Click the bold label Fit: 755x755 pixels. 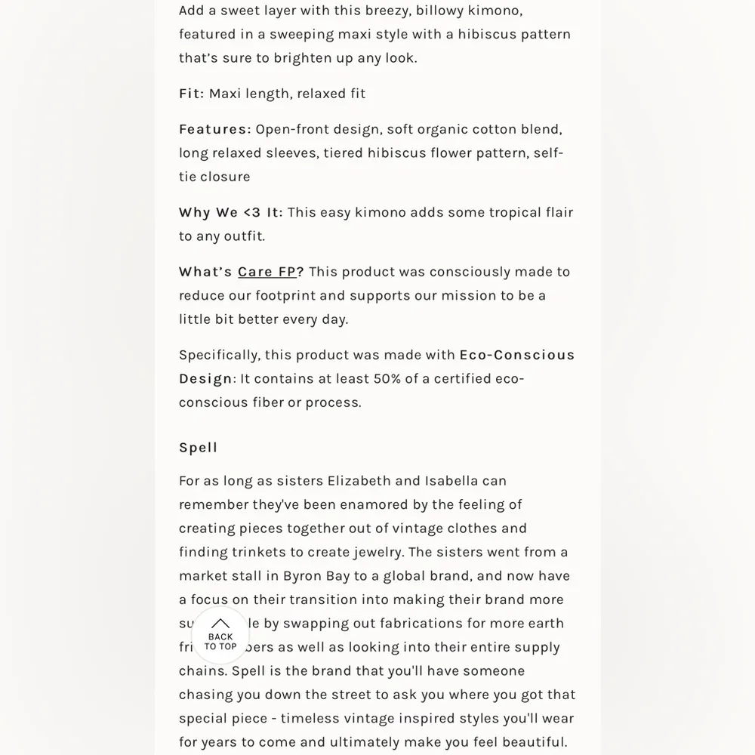click(191, 94)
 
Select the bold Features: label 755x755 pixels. click(214, 129)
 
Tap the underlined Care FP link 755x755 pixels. click(267, 272)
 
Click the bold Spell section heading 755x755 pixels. click(198, 448)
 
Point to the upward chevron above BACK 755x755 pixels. click(220, 624)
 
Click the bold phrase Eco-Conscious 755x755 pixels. click(516, 355)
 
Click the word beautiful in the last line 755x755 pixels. click(532, 742)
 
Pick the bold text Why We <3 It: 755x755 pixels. click(230, 212)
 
